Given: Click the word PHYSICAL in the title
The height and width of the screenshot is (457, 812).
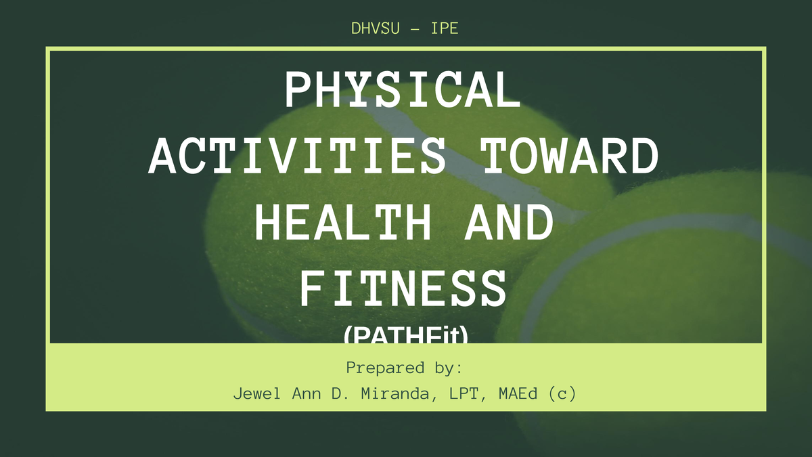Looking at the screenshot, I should pyautogui.click(x=404, y=90).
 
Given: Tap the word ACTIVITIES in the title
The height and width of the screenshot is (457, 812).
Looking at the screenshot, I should pyautogui.click(x=298, y=156).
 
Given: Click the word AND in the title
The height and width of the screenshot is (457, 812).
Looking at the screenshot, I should pyautogui.click(x=508, y=223).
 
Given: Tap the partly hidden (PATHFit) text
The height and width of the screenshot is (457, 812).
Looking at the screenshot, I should pyautogui.click(x=405, y=335).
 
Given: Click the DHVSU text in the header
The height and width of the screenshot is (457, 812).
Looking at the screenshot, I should pyautogui.click(x=375, y=29).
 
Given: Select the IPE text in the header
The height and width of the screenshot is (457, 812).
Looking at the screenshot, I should pyautogui.click(x=445, y=29).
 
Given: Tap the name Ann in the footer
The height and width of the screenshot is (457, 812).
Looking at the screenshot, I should pyautogui.click(x=307, y=393).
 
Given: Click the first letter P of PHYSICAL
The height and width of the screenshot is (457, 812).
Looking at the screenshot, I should pyautogui.click(x=298, y=90).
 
